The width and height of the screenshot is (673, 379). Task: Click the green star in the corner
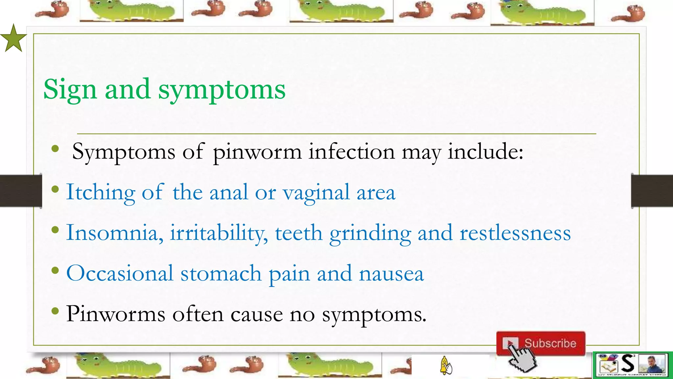(x=13, y=39)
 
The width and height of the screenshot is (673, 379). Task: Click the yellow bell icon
(x=445, y=365)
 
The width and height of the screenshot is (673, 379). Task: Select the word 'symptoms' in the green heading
(x=222, y=89)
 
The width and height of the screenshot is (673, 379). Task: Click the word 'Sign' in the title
(x=70, y=89)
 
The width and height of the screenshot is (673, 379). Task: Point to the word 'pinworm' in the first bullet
(x=257, y=152)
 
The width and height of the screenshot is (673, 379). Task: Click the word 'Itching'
(x=101, y=192)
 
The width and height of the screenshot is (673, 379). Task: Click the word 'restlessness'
(x=515, y=233)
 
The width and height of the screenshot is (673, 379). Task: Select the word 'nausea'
(x=391, y=274)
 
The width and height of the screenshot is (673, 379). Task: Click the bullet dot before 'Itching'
(x=55, y=189)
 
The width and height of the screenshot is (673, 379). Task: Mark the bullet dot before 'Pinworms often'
(x=55, y=311)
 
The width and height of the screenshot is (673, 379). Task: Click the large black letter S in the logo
(x=628, y=363)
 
